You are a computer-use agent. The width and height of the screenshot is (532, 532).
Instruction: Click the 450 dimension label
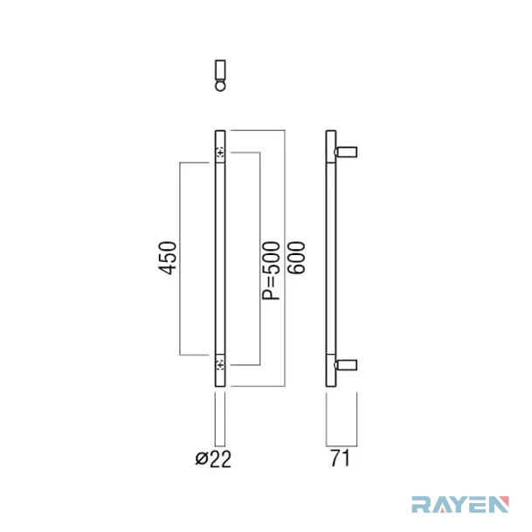coord(168,258)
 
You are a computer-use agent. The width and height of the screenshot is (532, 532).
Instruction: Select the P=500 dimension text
coord(272,271)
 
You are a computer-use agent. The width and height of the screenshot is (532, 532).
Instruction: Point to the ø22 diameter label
coord(213,459)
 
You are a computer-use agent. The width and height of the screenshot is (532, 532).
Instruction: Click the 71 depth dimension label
coord(340,458)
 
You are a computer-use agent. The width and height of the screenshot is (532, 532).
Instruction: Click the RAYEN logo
coord(460,504)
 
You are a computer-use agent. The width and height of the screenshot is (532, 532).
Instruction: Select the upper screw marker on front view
coord(220,153)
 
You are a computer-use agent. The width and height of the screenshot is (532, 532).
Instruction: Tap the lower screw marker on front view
coord(220,365)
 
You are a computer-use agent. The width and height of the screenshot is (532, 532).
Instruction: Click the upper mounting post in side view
coord(346,152)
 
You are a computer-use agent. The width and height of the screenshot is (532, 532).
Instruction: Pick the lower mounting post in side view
coord(346,365)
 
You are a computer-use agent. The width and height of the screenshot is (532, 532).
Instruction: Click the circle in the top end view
coord(220,85)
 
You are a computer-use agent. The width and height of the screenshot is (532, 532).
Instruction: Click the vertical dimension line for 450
coord(179,259)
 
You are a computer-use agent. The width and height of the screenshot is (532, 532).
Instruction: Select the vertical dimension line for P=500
coord(260,259)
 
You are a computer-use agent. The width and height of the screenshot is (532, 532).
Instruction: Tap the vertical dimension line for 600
coord(285,259)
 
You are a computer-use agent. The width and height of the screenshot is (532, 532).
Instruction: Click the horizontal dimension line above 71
coord(342,446)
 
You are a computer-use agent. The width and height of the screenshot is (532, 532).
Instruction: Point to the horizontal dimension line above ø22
coord(220,446)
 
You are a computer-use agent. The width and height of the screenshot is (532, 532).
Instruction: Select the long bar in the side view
coord(331,259)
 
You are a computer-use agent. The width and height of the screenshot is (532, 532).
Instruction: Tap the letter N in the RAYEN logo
coord(499,504)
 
